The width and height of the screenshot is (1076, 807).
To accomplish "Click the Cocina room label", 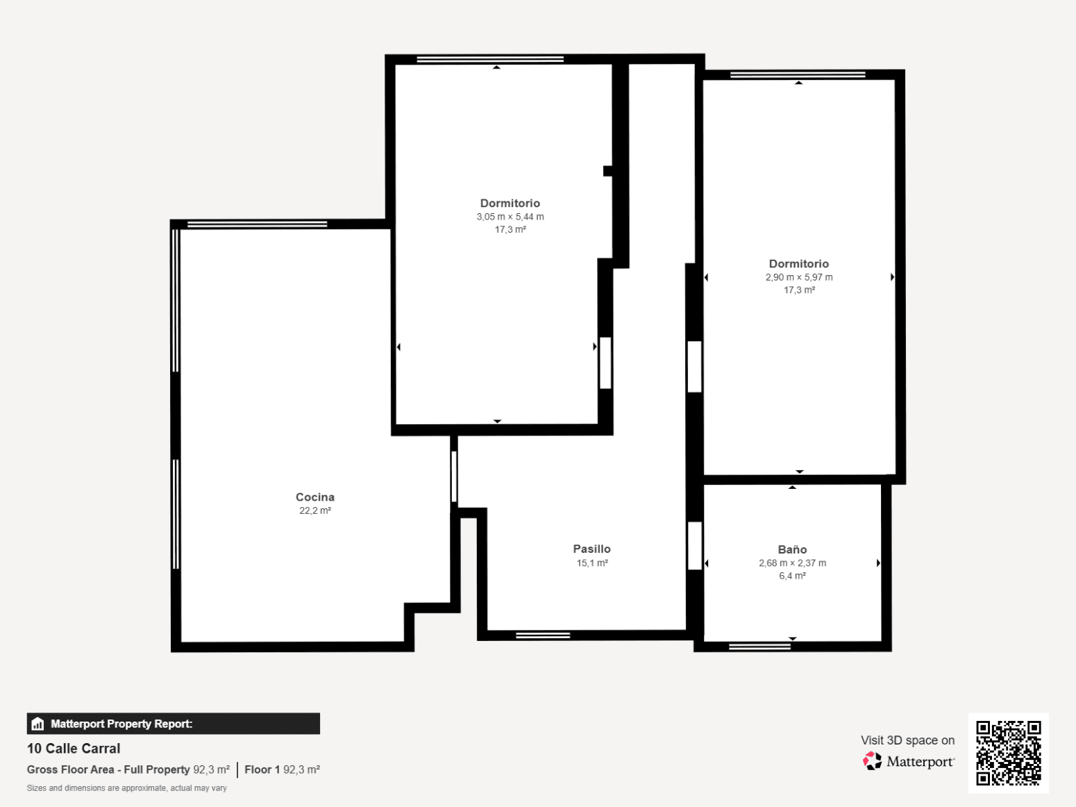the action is point(314,497).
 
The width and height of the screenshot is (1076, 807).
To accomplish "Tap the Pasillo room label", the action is point(591,549).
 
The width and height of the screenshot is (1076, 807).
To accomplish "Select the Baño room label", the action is point(792,549).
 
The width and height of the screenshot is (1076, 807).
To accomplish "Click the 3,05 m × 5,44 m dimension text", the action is point(510,217).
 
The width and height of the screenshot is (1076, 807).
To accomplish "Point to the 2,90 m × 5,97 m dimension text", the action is point(799,278).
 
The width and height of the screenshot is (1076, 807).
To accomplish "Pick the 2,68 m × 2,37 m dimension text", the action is point(793,563).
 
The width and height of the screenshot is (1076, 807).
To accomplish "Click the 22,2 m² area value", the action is point(315,511).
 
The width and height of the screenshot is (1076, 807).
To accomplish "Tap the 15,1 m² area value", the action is point(592,563).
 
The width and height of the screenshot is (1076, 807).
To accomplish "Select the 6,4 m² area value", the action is point(793,576).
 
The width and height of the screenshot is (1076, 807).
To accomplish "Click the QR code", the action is point(1009,753).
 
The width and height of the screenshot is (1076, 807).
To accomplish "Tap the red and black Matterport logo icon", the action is point(872,761).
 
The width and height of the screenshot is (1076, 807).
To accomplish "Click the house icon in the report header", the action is point(37,724).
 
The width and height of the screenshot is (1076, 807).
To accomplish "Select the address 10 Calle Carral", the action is point(74,749).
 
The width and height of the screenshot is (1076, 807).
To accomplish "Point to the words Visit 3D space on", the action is point(908,740).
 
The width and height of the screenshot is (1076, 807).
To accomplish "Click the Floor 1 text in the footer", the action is point(262,769).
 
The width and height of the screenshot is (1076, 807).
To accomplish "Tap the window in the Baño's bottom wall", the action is point(760,647).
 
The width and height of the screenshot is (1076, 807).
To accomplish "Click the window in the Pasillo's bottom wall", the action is point(543,636).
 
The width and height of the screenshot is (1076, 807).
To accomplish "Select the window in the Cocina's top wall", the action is point(258,224).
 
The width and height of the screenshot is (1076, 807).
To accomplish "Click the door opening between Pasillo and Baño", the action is point(695,546).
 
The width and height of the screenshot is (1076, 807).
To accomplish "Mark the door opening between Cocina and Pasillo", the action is point(455,476).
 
